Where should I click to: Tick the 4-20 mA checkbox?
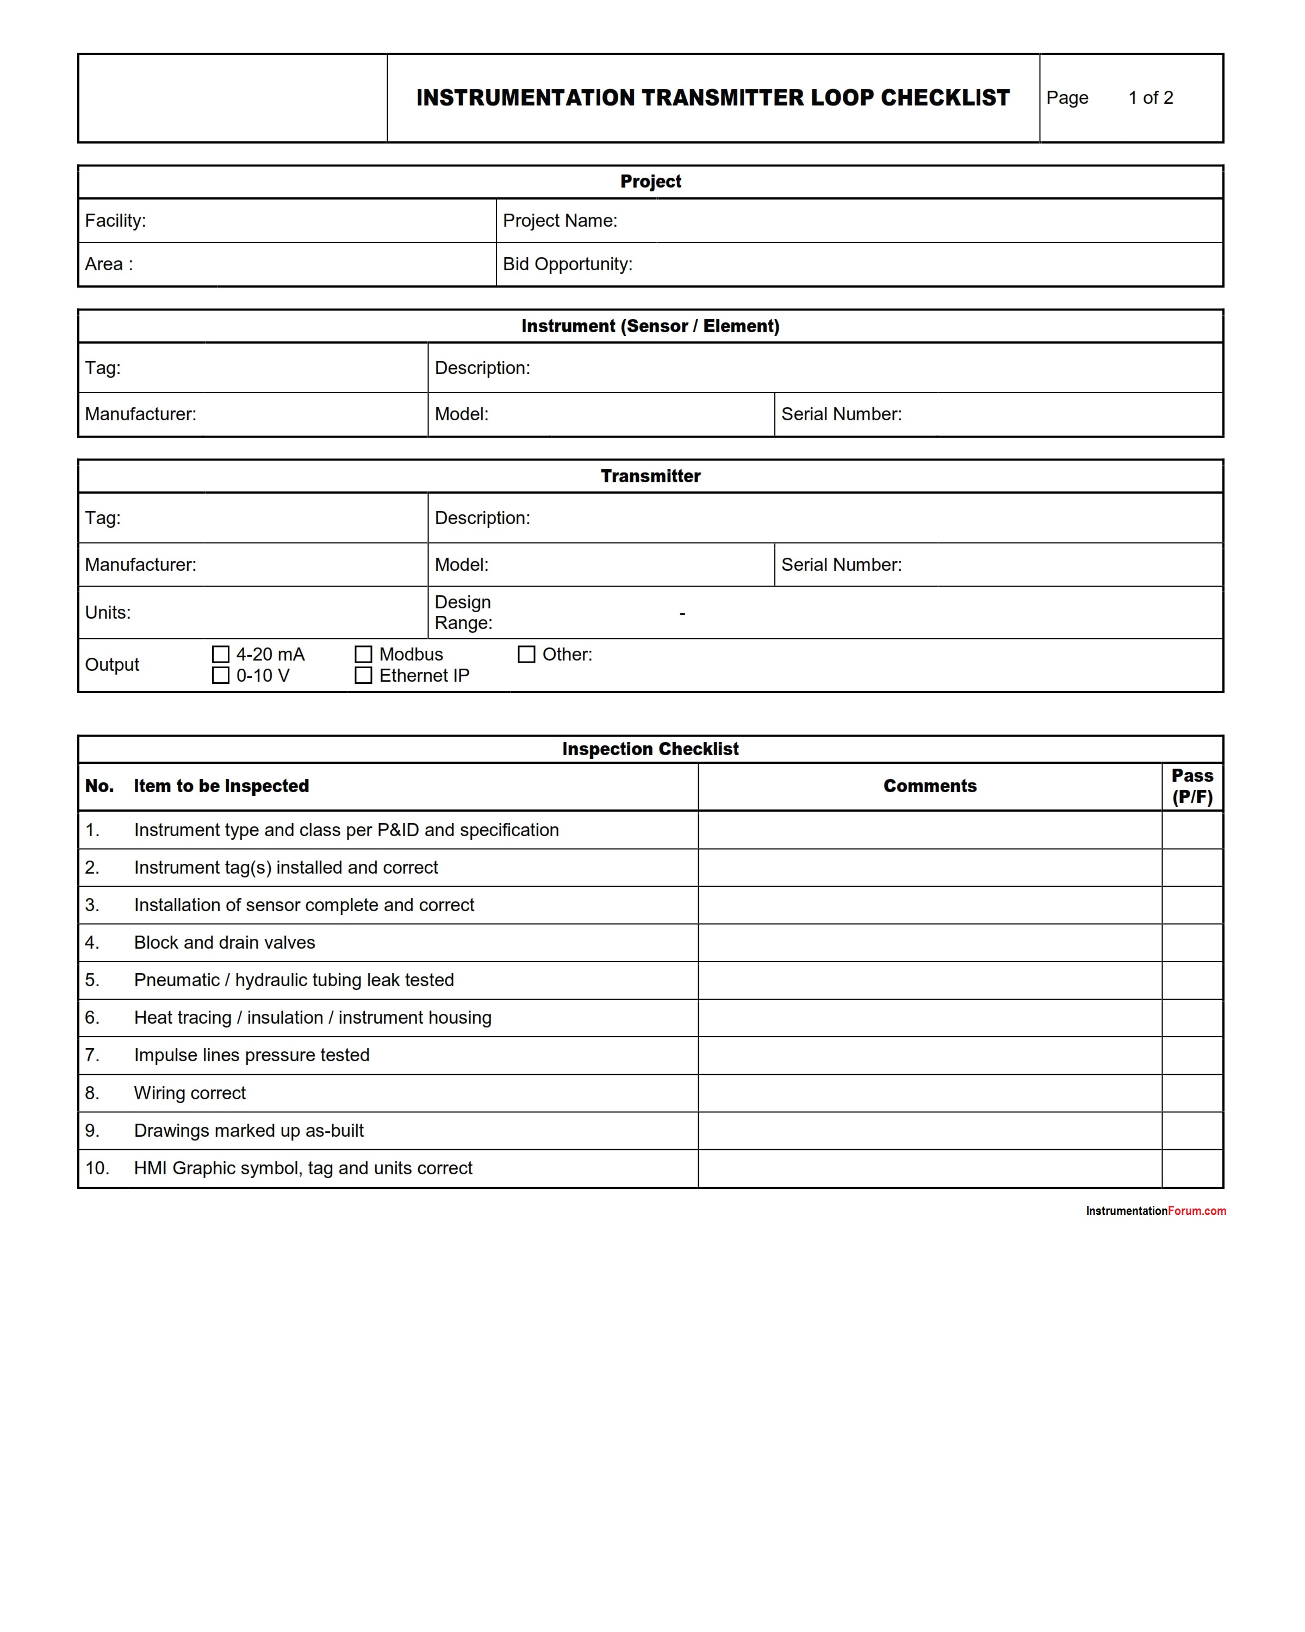pos(220,654)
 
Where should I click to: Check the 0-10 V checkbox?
pos(220,675)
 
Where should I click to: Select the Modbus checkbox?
pos(363,654)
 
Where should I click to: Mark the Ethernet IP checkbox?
pos(363,675)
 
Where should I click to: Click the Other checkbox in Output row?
pos(526,654)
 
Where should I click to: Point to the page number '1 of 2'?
pos(1150,98)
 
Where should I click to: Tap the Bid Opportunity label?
pos(567,264)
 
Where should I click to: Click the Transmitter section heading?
pos(650,476)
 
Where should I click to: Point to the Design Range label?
pos(463,612)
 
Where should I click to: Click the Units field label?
pos(108,612)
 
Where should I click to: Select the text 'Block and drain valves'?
pos(224,943)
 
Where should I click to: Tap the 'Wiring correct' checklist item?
pos(190,1093)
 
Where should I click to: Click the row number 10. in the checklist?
pos(97,1168)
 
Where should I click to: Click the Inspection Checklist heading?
pos(650,749)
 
